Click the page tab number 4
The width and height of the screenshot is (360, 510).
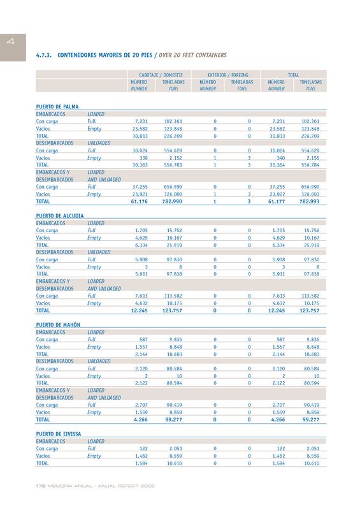(x=11, y=41)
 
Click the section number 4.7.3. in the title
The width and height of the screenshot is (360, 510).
(x=44, y=55)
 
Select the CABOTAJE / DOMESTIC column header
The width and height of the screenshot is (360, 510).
(x=161, y=75)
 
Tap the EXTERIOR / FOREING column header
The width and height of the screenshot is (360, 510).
(x=228, y=75)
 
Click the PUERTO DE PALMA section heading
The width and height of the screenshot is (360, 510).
(x=57, y=106)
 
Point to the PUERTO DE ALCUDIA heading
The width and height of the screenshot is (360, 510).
(x=60, y=215)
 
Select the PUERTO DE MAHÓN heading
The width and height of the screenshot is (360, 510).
(x=58, y=324)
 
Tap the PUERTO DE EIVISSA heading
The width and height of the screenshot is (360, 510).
(x=59, y=434)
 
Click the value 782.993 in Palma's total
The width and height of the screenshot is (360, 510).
(x=309, y=201)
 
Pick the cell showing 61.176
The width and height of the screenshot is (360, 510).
(x=139, y=201)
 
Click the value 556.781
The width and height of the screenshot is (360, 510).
(x=173, y=165)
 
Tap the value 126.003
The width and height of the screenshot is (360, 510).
(x=310, y=194)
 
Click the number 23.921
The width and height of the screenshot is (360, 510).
(x=140, y=194)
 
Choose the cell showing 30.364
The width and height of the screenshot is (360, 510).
(x=277, y=165)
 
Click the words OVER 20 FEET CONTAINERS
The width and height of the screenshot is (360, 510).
(x=192, y=55)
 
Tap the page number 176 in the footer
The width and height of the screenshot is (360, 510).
(x=40, y=486)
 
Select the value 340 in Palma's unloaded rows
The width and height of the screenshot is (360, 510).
(x=280, y=158)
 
